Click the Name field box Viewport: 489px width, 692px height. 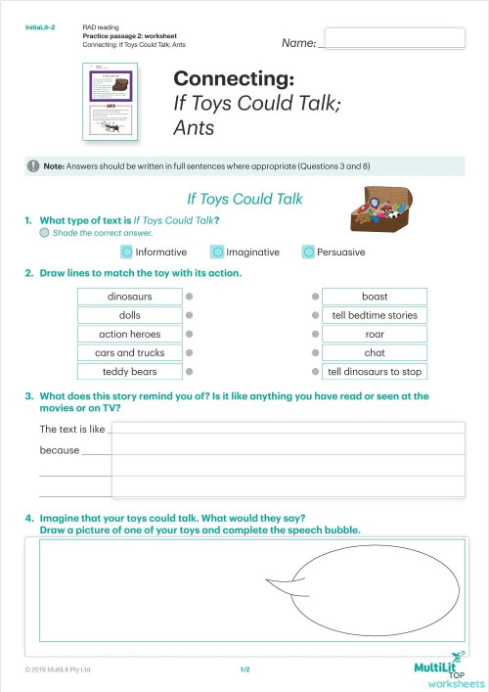pyautogui.click(x=393, y=38)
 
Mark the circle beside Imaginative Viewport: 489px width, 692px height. pyautogui.click(x=218, y=252)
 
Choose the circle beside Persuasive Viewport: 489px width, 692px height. pyautogui.click(x=308, y=252)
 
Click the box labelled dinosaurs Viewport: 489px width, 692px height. pyautogui.click(x=130, y=297)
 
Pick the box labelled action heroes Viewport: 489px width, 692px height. pyautogui.click(x=130, y=334)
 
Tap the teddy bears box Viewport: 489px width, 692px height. pyautogui.click(x=130, y=372)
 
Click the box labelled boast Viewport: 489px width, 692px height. pyautogui.click(x=375, y=297)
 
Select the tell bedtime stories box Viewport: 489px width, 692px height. pyautogui.click(x=375, y=315)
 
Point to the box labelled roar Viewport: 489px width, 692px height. pyautogui.click(x=375, y=334)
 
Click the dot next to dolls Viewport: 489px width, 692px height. pyautogui.click(x=191, y=315)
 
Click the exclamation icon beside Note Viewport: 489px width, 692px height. pyautogui.click(x=34, y=165)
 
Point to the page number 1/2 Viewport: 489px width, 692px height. pyautogui.click(x=244, y=669)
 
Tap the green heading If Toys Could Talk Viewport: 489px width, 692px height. pyautogui.click(x=244, y=199)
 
